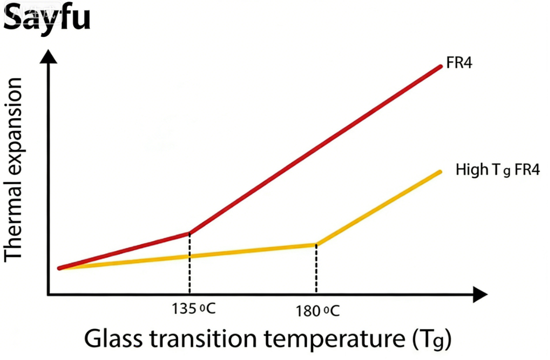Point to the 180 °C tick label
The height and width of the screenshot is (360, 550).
click(317, 310)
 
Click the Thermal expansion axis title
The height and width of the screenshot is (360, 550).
click(14, 169)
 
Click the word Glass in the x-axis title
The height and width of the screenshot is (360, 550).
click(114, 339)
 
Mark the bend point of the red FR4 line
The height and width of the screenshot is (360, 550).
click(190, 232)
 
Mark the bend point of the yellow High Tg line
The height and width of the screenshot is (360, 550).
click(316, 244)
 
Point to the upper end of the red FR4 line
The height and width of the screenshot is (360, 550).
click(440, 66)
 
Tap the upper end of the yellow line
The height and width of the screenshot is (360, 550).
click(440, 172)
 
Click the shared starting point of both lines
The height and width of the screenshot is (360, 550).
click(59, 268)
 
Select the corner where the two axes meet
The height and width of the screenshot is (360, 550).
click(49, 294)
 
